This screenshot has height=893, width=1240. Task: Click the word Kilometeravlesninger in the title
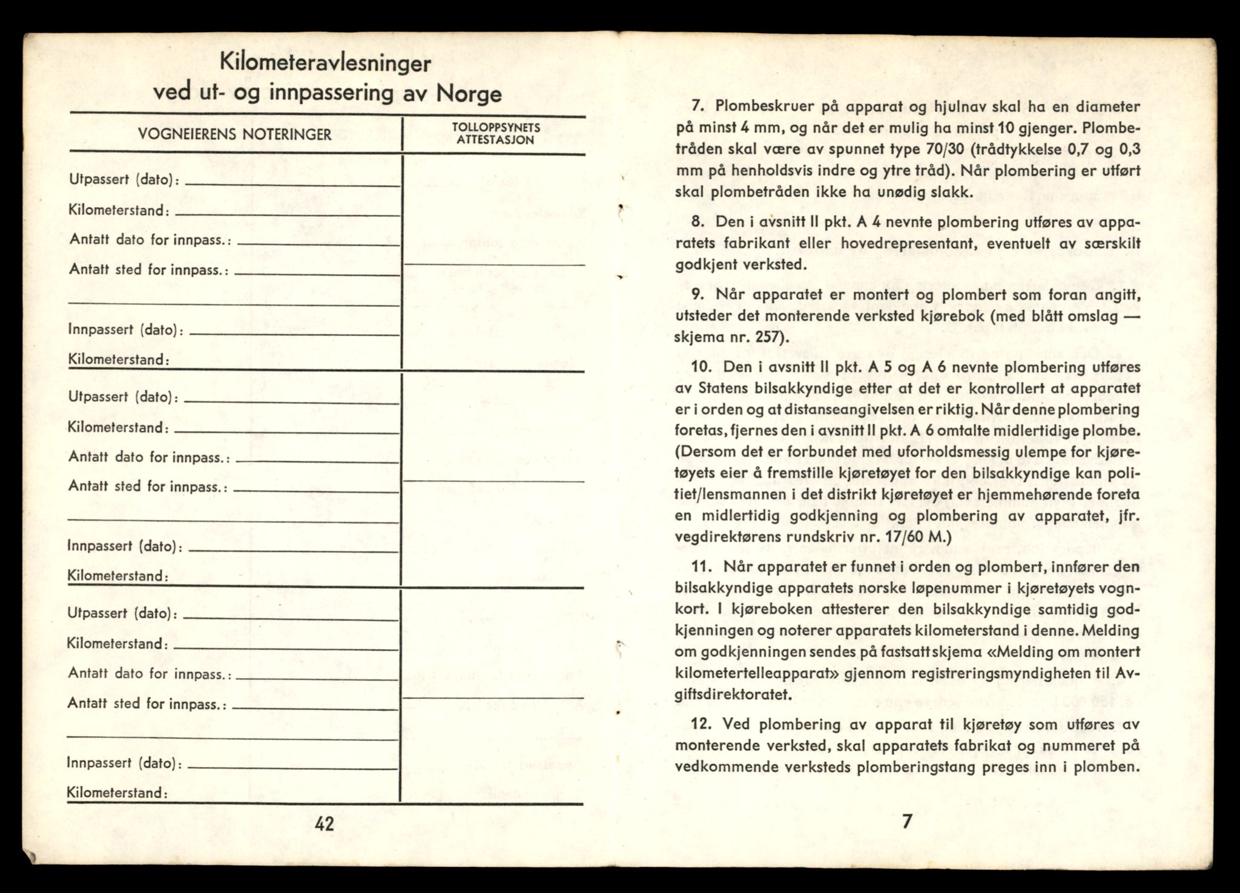(325, 63)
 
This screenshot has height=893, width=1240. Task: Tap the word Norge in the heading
(469, 94)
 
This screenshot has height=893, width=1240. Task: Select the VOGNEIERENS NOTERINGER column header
(235, 134)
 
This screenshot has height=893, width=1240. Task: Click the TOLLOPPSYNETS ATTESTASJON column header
(495, 134)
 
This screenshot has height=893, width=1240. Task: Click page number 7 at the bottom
(906, 822)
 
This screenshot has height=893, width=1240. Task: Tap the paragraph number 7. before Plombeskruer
(697, 107)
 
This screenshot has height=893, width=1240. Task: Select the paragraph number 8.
(697, 222)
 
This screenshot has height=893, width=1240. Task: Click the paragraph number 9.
(697, 295)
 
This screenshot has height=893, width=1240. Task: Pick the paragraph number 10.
(701, 367)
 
